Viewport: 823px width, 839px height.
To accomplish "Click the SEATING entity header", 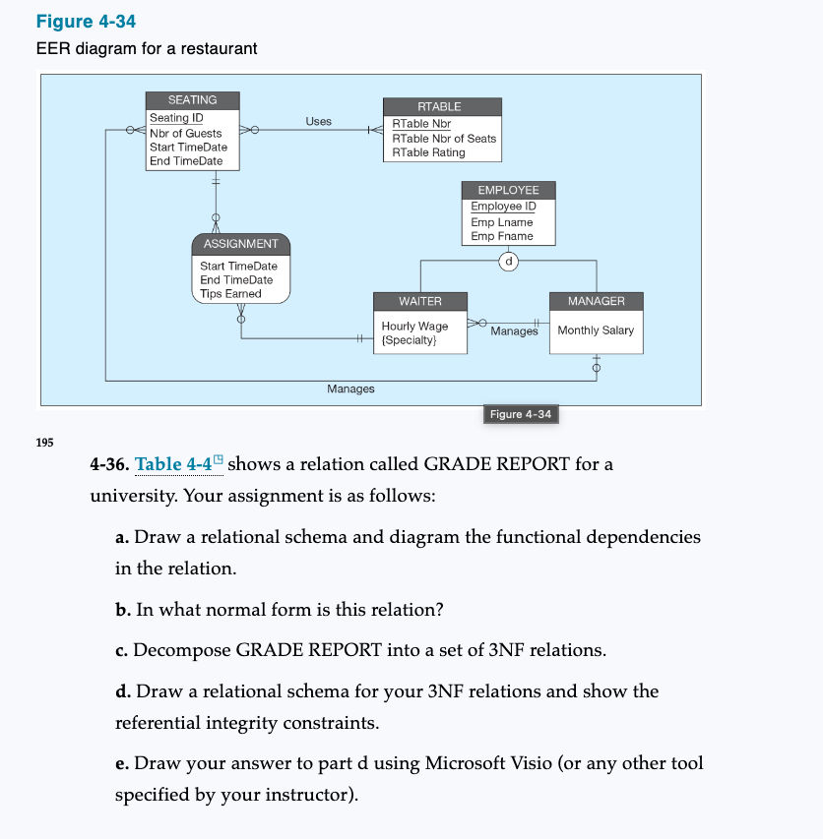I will [x=192, y=100].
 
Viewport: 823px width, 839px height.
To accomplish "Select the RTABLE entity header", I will [x=439, y=106].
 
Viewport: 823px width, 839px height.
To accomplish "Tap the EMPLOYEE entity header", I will [x=508, y=189].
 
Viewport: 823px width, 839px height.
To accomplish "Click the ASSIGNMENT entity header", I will [x=240, y=243].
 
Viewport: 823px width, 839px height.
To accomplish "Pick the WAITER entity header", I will [x=419, y=300].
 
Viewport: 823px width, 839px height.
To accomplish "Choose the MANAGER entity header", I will [x=596, y=300].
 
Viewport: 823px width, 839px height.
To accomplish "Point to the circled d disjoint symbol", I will [x=509, y=262].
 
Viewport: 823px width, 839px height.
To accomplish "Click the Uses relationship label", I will [x=318, y=122].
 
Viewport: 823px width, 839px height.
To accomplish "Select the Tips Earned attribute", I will [x=230, y=293].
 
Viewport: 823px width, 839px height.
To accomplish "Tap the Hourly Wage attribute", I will [x=414, y=326].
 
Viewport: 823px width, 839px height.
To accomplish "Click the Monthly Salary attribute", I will [x=596, y=330].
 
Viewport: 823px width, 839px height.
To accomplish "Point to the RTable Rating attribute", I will [x=428, y=152].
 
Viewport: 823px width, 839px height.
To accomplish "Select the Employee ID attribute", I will [x=503, y=207].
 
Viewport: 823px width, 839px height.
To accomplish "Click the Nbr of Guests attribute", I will [x=185, y=133].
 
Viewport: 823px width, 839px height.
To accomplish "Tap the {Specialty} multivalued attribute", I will [x=410, y=340].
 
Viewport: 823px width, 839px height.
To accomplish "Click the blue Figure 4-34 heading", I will [x=86, y=22].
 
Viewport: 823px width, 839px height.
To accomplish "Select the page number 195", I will [x=45, y=442].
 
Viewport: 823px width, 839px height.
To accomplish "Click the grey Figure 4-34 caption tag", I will [x=520, y=414].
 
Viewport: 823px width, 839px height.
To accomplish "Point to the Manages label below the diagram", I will [x=350, y=390].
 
